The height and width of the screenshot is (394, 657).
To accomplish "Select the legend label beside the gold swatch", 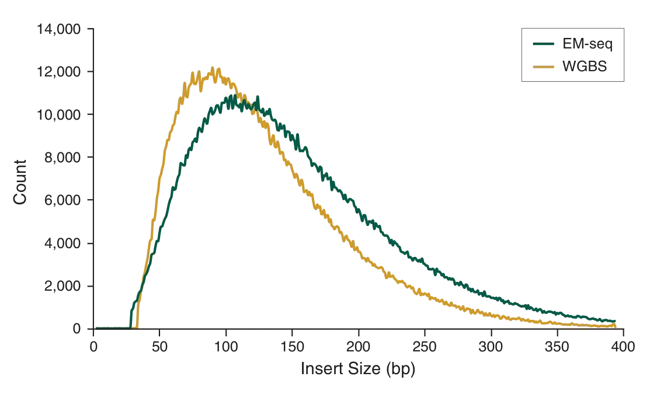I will (584, 67).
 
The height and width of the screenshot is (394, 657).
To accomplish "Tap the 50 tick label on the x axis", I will (159, 348).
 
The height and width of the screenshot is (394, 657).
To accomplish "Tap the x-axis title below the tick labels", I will (357, 370).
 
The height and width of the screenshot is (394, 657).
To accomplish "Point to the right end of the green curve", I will (616, 322).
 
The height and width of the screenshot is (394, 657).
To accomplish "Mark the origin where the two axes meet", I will (93, 329).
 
